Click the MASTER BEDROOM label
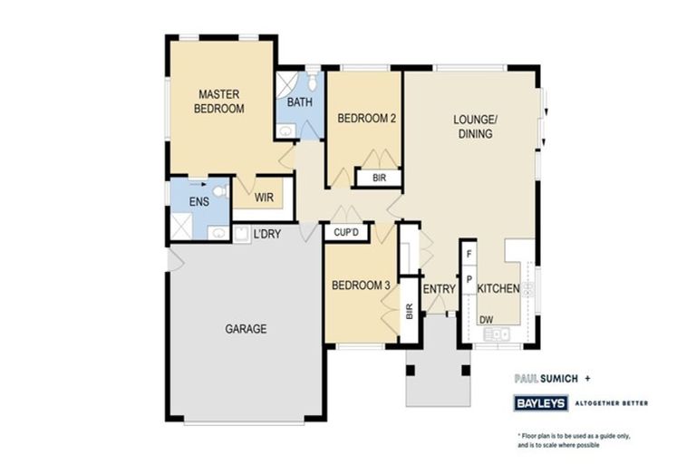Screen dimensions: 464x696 pos(221,101)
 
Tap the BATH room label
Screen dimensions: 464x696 pos(299,102)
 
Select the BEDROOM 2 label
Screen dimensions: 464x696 pos(366,118)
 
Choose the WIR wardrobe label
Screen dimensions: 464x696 pos(264,197)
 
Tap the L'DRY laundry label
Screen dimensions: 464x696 pos(266,234)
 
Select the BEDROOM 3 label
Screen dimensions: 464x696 pos(361,285)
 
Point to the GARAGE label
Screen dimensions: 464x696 pos(246,329)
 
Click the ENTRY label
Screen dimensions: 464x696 pos(439,289)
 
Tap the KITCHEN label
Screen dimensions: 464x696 pos(498,289)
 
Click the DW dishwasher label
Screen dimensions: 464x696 pos(486,319)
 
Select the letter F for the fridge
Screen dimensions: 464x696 pos(469,256)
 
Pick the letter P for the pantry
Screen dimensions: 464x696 pos(469,280)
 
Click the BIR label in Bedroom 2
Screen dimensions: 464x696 pos(378,179)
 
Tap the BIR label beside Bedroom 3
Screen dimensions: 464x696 pos(409,313)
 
